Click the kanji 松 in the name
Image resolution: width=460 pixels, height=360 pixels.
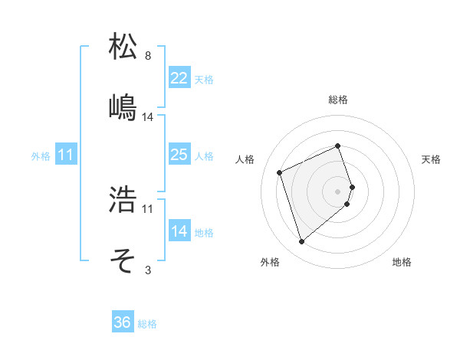click(x=123, y=47)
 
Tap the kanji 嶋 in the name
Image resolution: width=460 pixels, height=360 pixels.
click(x=123, y=107)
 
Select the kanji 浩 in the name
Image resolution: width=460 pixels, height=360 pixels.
click(x=123, y=200)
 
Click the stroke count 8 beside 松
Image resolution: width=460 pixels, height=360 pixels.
click(x=148, y=56)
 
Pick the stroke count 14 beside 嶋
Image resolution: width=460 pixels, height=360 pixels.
click(x=148, y=116)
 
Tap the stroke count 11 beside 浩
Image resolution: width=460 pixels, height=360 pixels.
click(x=148, y=208)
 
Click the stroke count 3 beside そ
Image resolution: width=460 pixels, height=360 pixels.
click(x=148, y=270)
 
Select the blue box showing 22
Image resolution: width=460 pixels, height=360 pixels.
click(x=179, y=78)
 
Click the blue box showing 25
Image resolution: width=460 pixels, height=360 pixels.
click(x=179, y=155)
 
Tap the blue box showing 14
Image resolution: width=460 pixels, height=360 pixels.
click(x=179, y=231)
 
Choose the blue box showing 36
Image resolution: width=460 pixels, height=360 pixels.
click(x=123, y=322)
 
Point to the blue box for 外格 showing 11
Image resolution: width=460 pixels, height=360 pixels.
click(x=66, y=155)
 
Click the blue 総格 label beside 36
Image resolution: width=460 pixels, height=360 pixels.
click(x=147, y=324)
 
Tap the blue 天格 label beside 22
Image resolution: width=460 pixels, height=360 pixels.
click(x=204, y=79)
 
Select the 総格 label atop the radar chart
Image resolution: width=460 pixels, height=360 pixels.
click(x=338, y=100)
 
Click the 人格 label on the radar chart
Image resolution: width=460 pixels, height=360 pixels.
click(x=245, y=159)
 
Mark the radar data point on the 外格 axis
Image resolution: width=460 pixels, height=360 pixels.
click(x=301, y=242)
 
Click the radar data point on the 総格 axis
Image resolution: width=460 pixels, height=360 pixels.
click(x=338, y=146)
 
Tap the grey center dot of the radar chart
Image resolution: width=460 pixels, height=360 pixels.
click(x=338, y=191)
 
